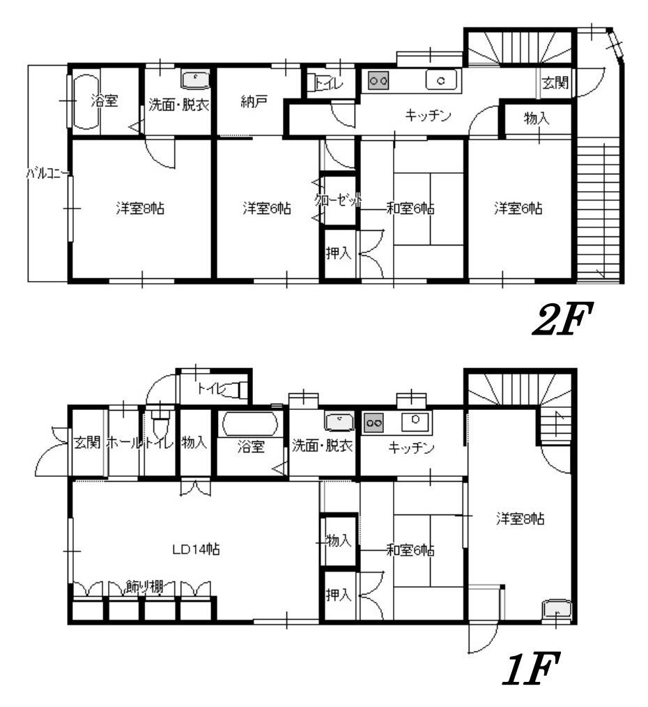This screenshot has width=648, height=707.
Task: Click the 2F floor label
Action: click(562, 319)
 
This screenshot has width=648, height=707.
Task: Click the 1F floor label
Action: click(531, 669)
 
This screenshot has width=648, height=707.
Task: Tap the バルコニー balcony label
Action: click(48, 174)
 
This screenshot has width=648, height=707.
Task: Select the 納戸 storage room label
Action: click(254, 102)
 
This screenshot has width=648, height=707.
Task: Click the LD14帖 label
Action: click(196, 549)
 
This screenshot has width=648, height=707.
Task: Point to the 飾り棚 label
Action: click(144, 587)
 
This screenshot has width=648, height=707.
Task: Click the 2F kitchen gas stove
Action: click(378, 81)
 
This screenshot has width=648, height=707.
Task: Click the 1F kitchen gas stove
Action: click(373, 423)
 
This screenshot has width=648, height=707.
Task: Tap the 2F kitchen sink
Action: click(442, 81)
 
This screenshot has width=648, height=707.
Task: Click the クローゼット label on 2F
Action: click(338, 199)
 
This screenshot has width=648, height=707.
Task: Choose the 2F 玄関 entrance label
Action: click(555, 82)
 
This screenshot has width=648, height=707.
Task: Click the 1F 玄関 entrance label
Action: click(87, 442)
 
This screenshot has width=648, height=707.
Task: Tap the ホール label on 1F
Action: click(123, 442)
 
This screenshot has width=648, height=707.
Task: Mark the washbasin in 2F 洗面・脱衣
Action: click(196, 79)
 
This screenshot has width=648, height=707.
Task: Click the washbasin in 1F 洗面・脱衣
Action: click(339, 422)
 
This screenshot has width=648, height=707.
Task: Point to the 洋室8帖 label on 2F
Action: click(140, 208)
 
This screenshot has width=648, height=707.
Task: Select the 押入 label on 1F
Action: click(339, 595)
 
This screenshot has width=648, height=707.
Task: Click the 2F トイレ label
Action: click(330, 84)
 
